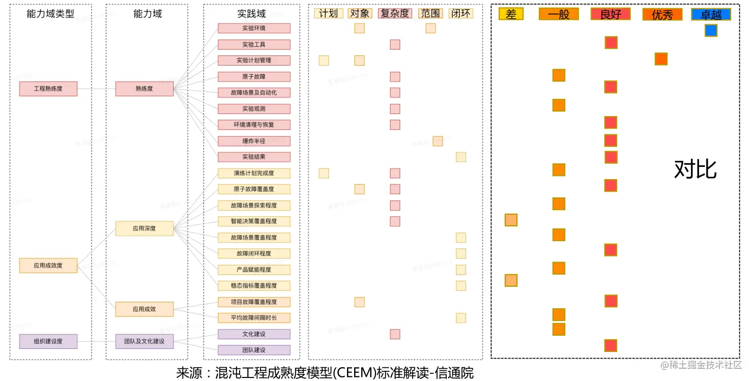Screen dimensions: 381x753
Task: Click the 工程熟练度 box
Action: coord(48,89)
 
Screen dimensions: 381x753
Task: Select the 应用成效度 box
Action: coord(48,266)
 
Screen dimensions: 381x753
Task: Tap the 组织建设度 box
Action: coord(48,341)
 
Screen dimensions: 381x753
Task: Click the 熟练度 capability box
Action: coord(144,89)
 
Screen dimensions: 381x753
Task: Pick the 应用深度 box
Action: coord(144,228)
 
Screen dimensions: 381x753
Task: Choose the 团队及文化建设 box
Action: coord(144,341)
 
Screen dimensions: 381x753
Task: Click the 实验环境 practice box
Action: coord(254,28)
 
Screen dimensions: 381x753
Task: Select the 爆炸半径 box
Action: coord(254,141)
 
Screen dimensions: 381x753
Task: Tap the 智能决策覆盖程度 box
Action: coord(254,221)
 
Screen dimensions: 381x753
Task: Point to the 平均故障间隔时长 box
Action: coord(254,318)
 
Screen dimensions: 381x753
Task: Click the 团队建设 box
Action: coord(254,350)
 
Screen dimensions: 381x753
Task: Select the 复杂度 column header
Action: coord(395,14)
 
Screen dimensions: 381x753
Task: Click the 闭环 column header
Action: coord(461,14)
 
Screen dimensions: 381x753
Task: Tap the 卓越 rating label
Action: coord(711,15)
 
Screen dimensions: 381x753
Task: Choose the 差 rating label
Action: coord(511,15)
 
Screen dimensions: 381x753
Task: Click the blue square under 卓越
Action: coord(711,31)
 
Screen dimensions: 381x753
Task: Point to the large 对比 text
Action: coord(696,170)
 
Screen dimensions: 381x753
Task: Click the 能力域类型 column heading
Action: coord(50,14)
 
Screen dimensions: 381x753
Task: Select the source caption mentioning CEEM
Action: coord(325,373)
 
